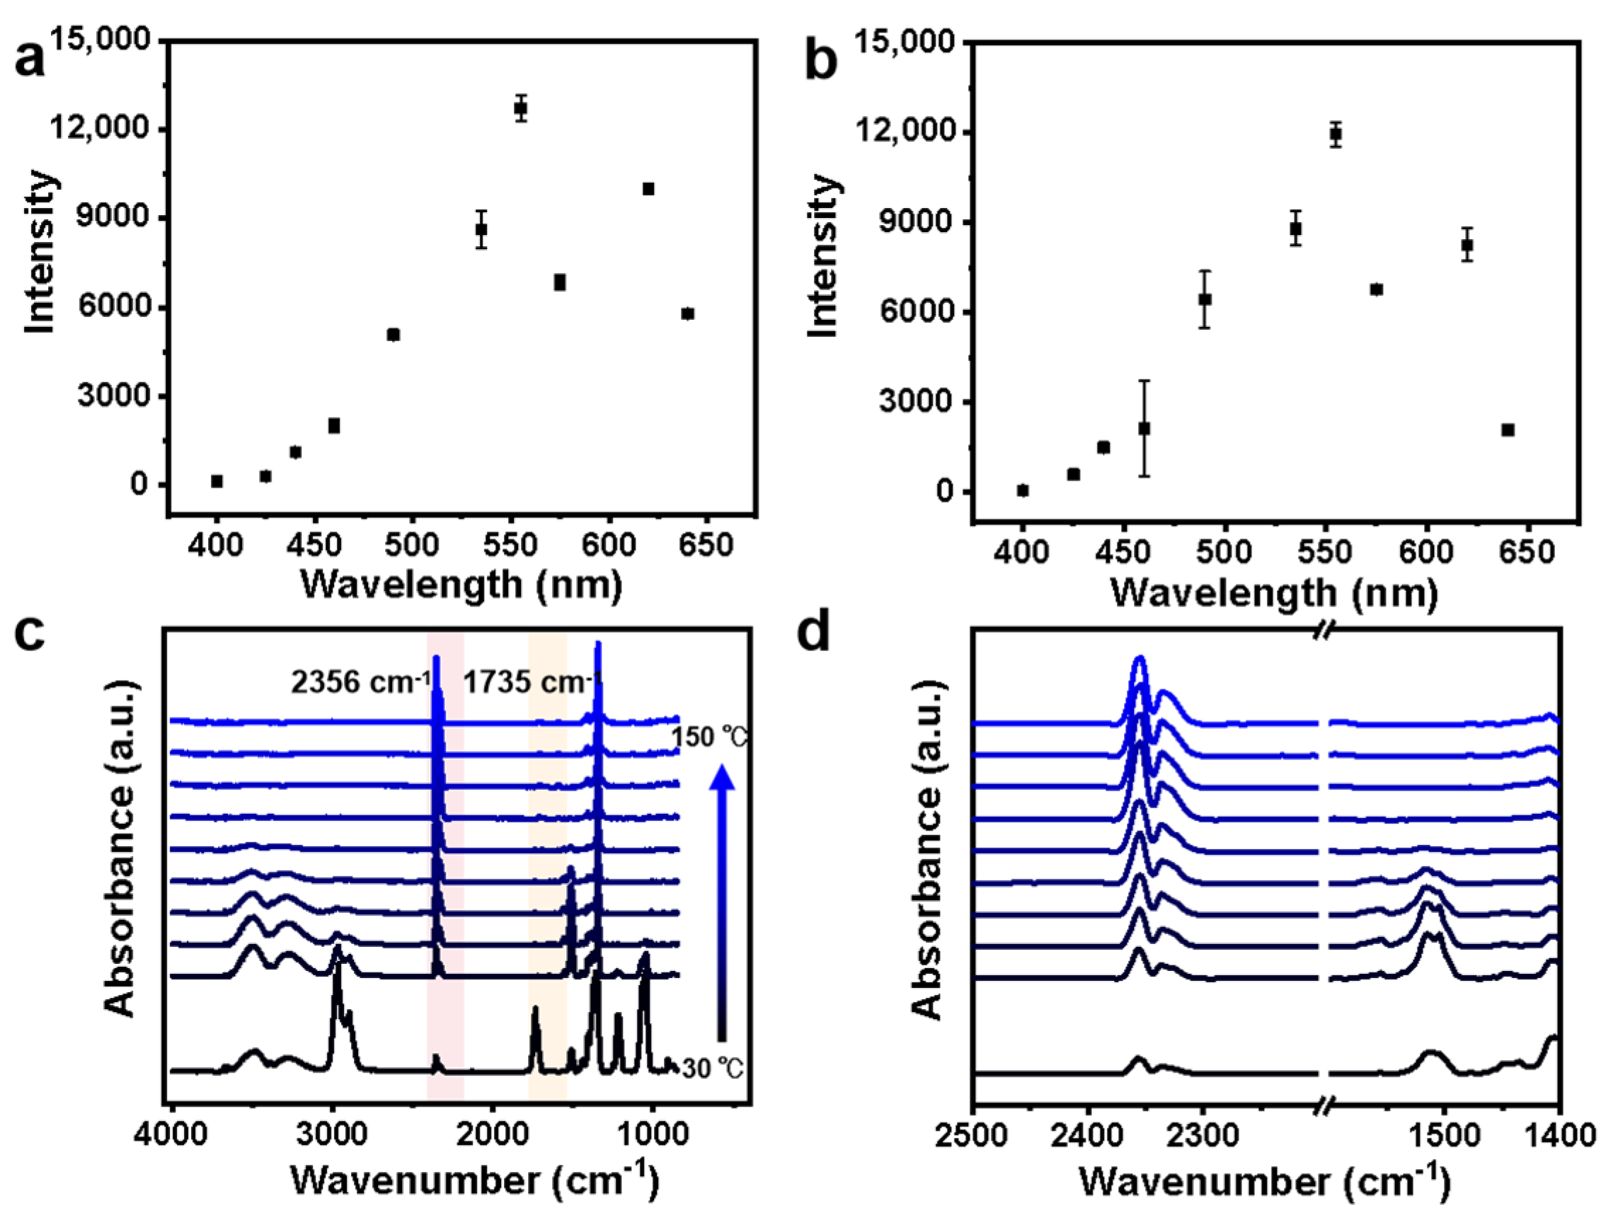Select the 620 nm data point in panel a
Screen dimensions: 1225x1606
(648, 189)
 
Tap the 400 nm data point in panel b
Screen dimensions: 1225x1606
(1023, 490)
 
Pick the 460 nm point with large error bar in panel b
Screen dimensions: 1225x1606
(1145, 429)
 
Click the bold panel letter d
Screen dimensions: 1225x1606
(814, 633)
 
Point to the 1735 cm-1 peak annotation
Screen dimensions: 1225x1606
(532, 682)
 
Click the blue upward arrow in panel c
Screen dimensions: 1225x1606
(721, 904)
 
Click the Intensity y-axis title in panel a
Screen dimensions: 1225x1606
(40, 253)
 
